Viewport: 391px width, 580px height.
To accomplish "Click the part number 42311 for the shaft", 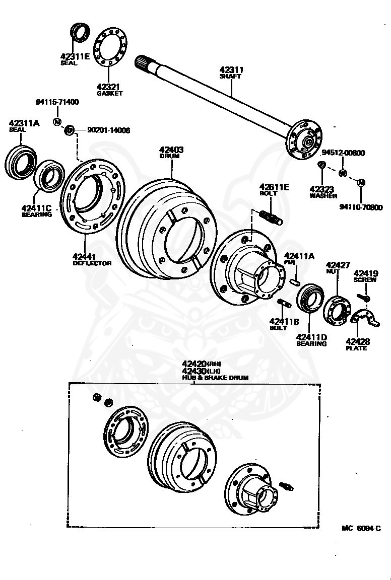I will pos(231,70).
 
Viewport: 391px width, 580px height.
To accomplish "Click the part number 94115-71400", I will pos(57,102).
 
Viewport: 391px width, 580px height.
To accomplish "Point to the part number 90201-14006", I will pos(105,130).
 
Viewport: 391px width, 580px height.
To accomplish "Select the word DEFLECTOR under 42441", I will pos(92,263).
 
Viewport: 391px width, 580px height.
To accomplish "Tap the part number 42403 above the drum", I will pos(171,150).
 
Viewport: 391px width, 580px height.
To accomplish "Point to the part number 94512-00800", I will pos(343,153).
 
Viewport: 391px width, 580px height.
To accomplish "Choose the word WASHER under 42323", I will pos(323,196).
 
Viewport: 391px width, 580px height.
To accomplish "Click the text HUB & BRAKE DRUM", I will pos(216,377).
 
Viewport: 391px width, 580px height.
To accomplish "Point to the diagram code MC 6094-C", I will pos(360,528).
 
